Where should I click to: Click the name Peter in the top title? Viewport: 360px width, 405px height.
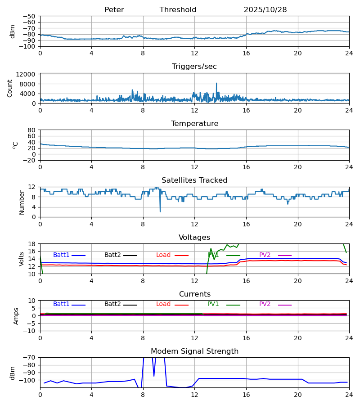coord(114,10)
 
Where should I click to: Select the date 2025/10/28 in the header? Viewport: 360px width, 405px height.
coord(265,10)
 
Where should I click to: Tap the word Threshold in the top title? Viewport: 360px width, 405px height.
coord(178,10)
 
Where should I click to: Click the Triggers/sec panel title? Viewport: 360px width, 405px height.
coord(194,67)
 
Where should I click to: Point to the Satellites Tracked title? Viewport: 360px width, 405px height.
coord(194,180)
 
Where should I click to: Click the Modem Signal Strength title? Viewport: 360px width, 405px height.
coord(194,351)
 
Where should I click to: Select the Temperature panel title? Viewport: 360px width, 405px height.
coord(194,124)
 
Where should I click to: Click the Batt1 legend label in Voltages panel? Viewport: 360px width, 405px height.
coord(61,255)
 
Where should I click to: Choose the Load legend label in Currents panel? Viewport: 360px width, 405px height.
coord(163,304)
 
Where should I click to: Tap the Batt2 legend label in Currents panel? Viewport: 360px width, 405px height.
coord(112,304)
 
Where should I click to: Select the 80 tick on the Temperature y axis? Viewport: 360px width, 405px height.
coord(31,130)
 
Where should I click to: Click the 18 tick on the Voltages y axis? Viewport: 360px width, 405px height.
coord(31,244)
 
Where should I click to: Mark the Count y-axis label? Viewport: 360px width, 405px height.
coord(10,88)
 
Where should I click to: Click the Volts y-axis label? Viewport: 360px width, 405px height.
coord(22,259)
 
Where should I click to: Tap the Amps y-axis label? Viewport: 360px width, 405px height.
coord(17,316)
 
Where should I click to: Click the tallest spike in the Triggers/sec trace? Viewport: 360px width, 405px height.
coord(216,84)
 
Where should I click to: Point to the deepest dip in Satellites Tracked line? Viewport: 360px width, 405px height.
coord(160,211)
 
